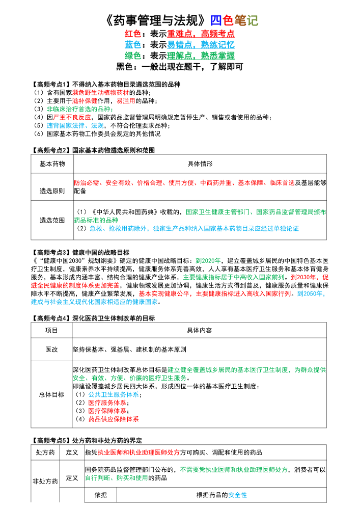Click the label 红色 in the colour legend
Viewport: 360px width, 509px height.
point(132,34)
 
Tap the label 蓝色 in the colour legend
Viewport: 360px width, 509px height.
point(132,45)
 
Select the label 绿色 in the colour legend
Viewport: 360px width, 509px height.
point(132,56)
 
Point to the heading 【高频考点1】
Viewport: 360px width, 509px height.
point(50,84)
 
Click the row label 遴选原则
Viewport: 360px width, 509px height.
point(52,191)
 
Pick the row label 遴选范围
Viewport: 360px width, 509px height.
point(52,220)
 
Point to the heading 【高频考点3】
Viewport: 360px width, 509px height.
point(50,252)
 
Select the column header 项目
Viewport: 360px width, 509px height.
point(52,330)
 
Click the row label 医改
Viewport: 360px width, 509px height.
point(52,350)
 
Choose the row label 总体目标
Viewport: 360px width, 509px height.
point(52,394)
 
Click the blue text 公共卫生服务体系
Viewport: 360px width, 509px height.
point(113,394)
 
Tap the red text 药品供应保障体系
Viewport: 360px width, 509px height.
point(113,419)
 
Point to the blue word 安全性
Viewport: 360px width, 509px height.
point(237,495)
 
